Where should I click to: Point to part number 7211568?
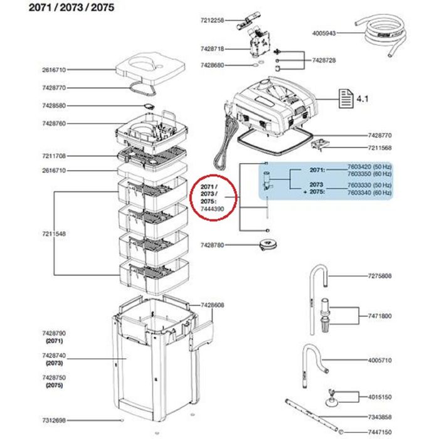pyautogui.click(x=379, y=148)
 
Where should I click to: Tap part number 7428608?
pyautogui.click(x=214, y=305)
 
